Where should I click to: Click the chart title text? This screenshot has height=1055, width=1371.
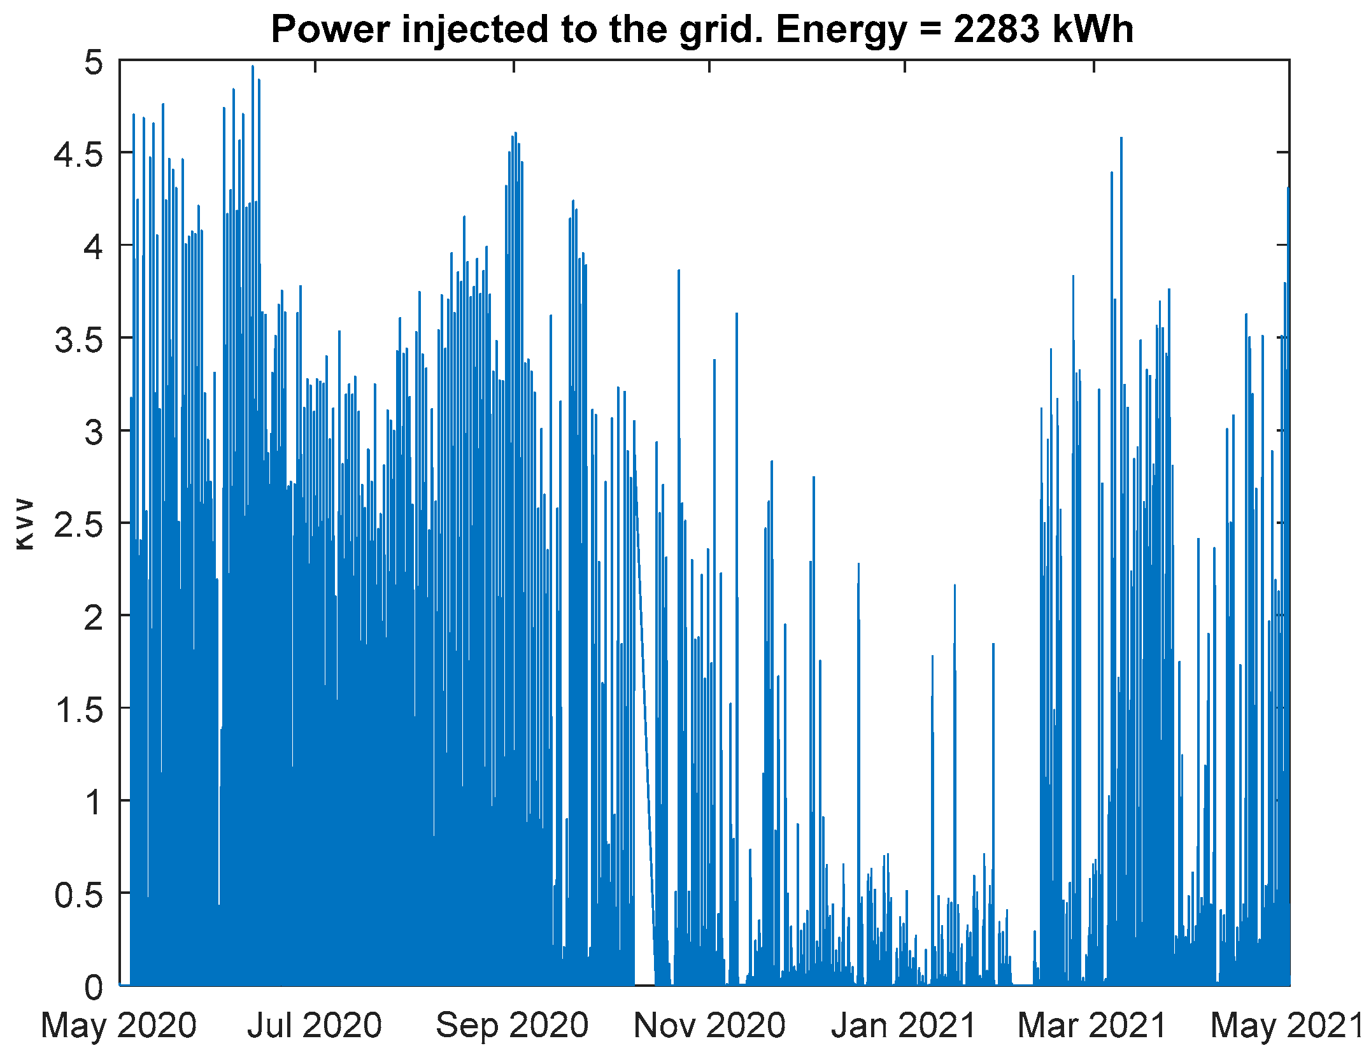[702, 29]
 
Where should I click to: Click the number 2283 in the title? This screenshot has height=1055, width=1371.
[997, 29]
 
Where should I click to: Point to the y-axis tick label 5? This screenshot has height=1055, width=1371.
[94, 63]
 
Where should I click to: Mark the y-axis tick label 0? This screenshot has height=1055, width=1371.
[94, 987]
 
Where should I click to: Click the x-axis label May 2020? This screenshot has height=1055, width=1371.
[118, 1026]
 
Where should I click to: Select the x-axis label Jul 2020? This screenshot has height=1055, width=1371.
[315, 1026]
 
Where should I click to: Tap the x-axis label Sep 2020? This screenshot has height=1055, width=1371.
[512, 1026]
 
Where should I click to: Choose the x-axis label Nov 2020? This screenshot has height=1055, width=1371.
[709, 1026]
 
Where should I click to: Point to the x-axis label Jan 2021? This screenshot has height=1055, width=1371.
[904, 1026]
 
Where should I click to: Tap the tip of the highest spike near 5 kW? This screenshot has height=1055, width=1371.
[253, 66]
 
